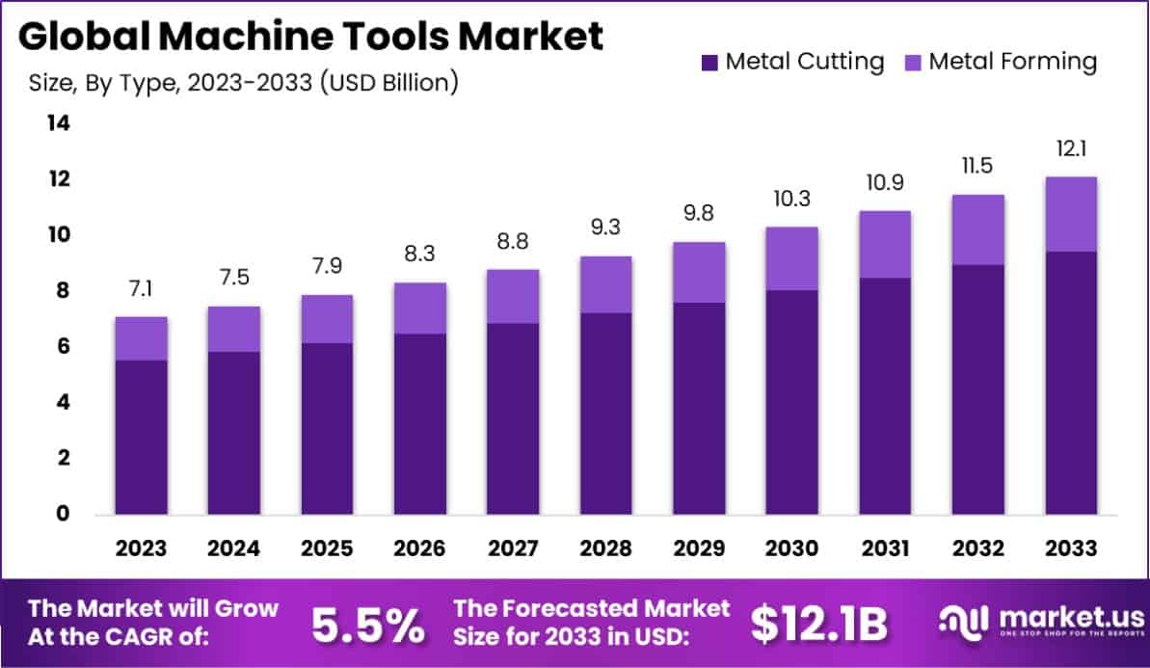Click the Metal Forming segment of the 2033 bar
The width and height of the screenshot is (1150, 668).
(1071, 214)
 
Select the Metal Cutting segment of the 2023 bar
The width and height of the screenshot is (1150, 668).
(141, 437)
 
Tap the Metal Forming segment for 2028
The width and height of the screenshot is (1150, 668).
(605, 284)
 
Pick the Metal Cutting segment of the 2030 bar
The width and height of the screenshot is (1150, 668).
(791, 402)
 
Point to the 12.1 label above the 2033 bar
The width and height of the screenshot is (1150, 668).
(1071, 151)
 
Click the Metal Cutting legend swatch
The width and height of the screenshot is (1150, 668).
(709, 63)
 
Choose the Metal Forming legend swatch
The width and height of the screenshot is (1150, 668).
(913, 63)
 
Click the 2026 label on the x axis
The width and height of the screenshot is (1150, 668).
(419, 548)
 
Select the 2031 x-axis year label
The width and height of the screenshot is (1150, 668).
(885, 548)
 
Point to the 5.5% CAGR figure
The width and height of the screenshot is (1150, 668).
(368, 626)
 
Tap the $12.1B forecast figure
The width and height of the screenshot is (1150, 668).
(818, 626)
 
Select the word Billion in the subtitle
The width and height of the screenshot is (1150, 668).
(408, 83)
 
